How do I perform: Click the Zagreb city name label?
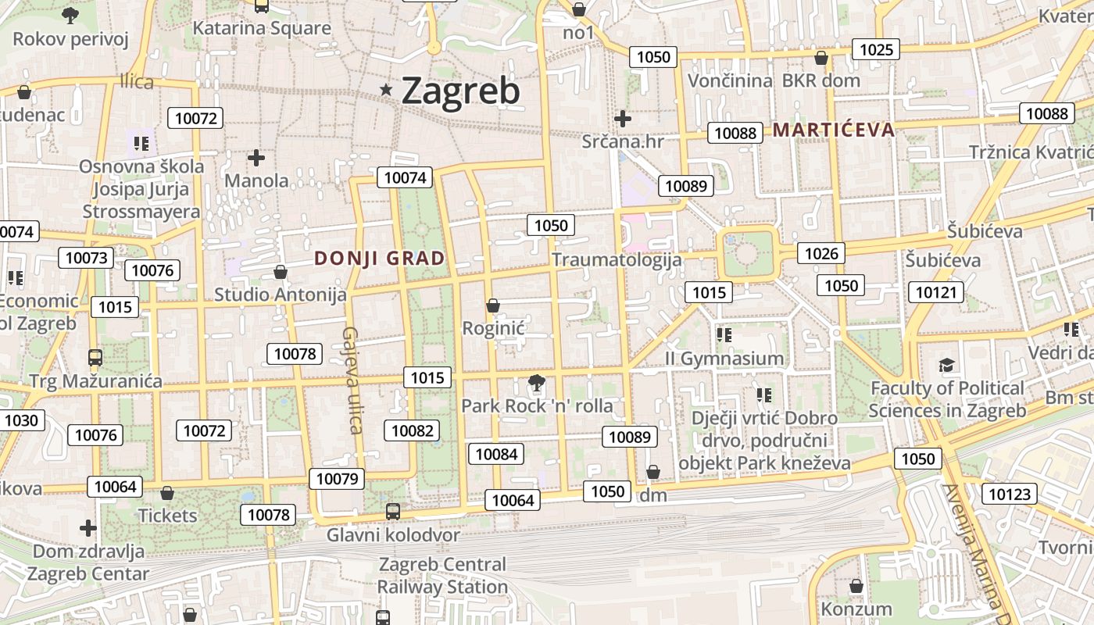[x=460, y=91]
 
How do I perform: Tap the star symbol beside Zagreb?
[x=386, y=90]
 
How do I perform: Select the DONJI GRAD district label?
[x=379, y=258]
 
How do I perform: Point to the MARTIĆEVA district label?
[x=833, y=130]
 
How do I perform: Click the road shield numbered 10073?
[x=88, y=258]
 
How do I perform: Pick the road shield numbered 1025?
[x=876, y=50]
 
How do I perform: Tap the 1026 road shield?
[x=821, y=252]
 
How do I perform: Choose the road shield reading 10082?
[x=412, y=430]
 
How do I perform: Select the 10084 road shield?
[x=496, y=453]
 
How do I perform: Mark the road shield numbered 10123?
[x=1010, y=494]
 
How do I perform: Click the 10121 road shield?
[x=935, y=292]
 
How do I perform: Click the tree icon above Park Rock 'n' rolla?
[x=536, y=383]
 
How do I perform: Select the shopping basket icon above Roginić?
[x=493, y=305]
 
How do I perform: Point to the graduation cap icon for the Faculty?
[x=947, y=365]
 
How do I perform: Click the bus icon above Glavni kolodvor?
[x=393, y=512]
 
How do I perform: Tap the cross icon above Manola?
[x=256, y=158]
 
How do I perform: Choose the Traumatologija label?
[x=617, y=259]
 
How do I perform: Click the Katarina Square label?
[x=262, y=29]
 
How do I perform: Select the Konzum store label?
[x=856, y=609]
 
